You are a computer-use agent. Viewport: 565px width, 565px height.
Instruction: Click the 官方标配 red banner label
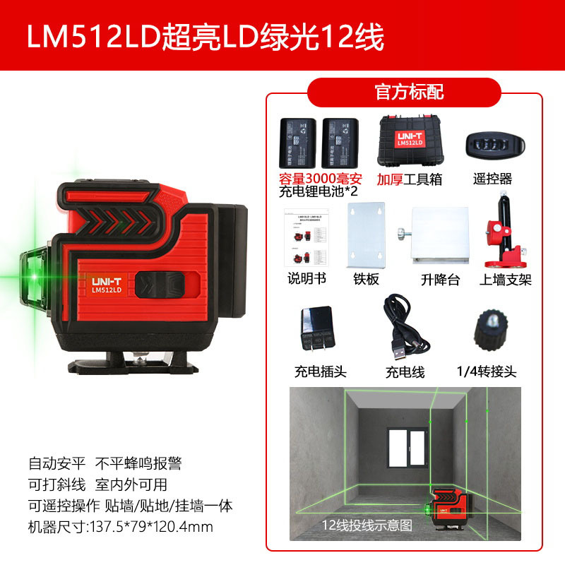click(x=404, y=93)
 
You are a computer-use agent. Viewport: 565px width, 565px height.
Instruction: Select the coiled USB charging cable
click(x=404, y=328)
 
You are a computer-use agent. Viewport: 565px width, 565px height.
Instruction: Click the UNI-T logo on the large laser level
click(x=107, y=280)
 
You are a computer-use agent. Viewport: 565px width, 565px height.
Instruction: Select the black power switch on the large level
click(x=160, y=284)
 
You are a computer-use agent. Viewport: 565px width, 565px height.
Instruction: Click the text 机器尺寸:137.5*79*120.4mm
click(x=121, y=527)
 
